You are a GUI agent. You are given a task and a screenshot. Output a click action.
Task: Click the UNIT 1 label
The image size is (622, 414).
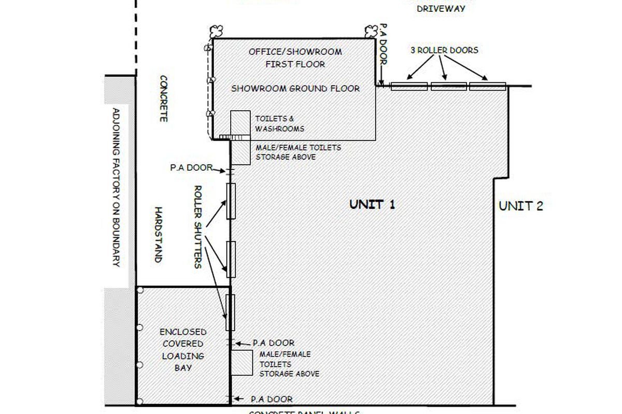(x=372, y=204)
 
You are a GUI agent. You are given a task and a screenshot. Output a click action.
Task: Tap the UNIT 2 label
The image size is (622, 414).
(x=520, y=206)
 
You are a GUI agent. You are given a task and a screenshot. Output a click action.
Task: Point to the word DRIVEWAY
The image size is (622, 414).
(x=441, y=9)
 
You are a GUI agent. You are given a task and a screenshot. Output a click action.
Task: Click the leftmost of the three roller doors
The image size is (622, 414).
(x=409, y=86)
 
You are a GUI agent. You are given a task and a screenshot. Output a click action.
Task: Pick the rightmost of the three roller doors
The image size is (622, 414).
(x=487, y=86)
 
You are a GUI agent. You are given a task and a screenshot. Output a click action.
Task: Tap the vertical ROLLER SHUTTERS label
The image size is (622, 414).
(x=197, y=226)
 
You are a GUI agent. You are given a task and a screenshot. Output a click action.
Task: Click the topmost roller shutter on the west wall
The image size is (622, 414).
(x=231, y=201)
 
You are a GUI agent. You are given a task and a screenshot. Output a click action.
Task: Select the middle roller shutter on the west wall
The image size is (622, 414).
(x=231, y=259)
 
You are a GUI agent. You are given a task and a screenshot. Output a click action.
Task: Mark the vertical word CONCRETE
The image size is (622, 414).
(x=163, y=98)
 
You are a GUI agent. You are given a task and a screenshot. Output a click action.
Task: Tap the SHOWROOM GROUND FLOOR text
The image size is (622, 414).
(x=295, y=88)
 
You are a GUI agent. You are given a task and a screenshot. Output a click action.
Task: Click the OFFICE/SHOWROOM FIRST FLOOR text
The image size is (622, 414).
(x=295, y=58)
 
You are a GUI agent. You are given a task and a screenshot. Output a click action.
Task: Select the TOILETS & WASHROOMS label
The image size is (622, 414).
(x=279, y=124)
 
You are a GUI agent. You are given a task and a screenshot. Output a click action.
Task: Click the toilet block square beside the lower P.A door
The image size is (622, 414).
(x=242, y=363)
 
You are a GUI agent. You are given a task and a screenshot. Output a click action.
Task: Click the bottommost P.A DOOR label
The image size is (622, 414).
(x=272, y=399)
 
